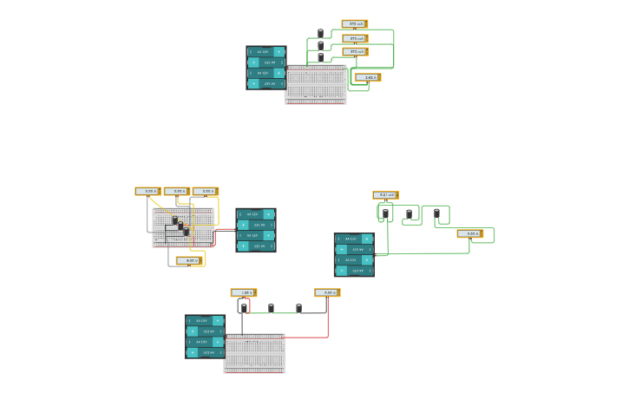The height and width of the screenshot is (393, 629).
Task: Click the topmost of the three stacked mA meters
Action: coord(354,24)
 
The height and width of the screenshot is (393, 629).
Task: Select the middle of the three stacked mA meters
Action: coord(354,38)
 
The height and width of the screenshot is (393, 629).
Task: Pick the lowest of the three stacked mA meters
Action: coord(354,52)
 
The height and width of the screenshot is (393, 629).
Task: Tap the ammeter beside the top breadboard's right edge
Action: coord(367,78)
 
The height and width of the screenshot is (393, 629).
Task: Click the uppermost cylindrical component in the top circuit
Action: coord(320,34)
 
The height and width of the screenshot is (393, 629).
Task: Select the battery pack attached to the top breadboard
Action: coord(265,68)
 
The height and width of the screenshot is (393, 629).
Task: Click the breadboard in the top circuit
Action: coord(316,85)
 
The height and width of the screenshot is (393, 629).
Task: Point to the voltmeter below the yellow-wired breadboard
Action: coord(188,260)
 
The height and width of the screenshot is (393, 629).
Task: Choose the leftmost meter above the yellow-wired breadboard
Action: coord(147,191)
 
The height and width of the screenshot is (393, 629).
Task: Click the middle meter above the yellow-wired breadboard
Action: coord(176,191)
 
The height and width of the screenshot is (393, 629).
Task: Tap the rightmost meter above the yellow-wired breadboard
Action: coord(205,191)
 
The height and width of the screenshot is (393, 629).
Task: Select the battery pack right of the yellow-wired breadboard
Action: coord(255,230)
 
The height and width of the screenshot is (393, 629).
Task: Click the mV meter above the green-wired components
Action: coord(385,195)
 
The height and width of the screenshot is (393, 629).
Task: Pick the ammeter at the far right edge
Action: coord(469,233)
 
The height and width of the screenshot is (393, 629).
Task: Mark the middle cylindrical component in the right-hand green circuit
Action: coord(410,214)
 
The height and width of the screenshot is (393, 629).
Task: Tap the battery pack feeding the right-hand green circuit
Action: coord(353,254)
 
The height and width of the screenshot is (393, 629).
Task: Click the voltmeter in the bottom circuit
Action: coord(243,292)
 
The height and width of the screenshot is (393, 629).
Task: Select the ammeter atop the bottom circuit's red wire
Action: coord(327,292)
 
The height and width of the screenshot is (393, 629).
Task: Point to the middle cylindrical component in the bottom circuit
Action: coord(271,308)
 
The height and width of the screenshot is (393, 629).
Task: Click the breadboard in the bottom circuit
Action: coord(254,353)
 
